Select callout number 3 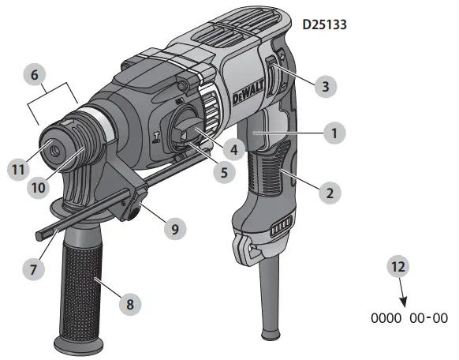[325, 85]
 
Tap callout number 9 [175, 229]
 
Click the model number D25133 [325, 24]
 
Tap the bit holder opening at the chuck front [56, 148]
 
